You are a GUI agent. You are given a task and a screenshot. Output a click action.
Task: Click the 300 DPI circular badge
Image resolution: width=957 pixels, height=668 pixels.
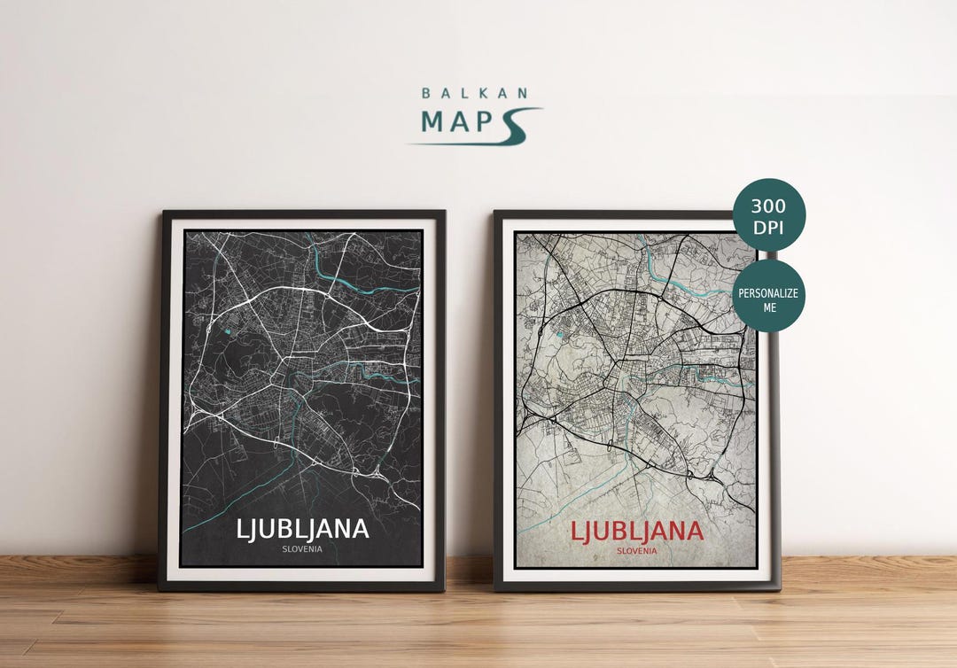pos(768,215)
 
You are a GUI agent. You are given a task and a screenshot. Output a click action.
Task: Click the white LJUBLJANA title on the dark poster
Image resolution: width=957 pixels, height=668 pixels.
pos(302,529)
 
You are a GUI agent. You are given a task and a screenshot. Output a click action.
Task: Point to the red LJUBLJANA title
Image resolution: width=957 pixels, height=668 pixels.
pos(636,532)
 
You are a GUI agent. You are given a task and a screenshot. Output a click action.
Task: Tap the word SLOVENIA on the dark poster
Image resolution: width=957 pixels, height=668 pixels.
pos(302,549)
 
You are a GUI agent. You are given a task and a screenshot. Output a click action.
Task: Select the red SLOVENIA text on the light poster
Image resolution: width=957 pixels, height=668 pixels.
pos(637,550)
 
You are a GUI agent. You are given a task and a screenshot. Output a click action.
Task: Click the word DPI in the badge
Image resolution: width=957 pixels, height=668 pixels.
pos(768,227)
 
